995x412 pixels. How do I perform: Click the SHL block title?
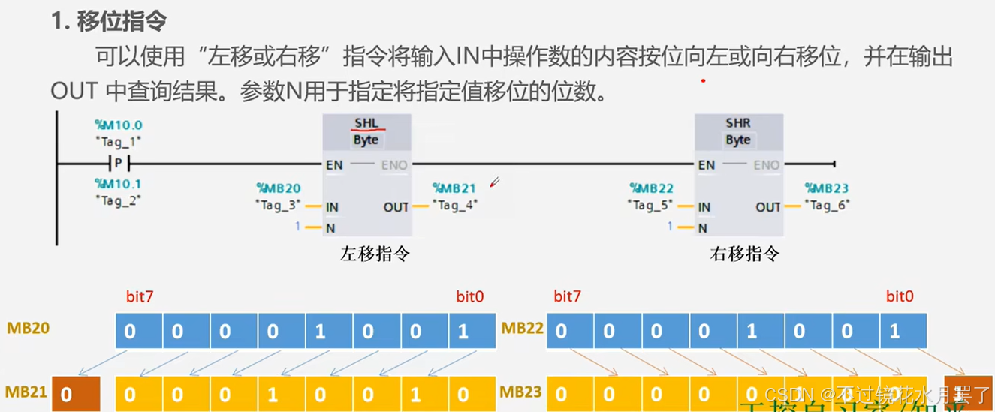366,122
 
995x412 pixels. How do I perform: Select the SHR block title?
738,122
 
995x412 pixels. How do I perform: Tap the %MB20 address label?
279,188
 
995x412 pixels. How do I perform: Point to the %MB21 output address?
454,188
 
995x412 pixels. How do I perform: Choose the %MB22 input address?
652,188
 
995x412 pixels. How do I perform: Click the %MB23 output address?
827,188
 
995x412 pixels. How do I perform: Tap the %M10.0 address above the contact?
118,125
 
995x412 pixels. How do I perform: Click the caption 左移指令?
375,254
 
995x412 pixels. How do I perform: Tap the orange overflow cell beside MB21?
75,394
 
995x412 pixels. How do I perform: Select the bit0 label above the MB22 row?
900,296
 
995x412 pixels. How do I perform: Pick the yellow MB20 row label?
29,329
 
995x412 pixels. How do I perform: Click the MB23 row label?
521,392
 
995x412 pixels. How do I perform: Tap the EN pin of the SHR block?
706,164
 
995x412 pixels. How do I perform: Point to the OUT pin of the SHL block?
396,206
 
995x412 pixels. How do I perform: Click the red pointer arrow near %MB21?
494,182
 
